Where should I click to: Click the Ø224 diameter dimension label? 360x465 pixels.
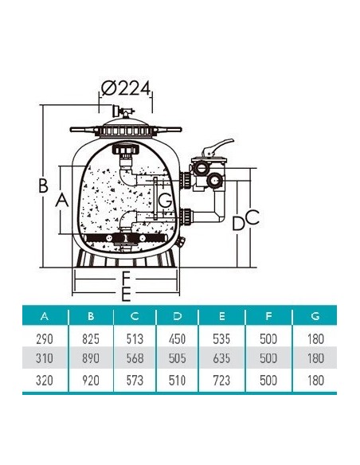tap(126, 88)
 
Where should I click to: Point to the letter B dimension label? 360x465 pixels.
tap(43, 186)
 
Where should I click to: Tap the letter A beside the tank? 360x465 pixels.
tap(62, 200)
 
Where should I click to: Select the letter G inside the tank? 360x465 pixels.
tap(165, 201)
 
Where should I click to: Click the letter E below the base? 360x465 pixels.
tap(126, 294)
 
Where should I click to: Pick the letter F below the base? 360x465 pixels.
tap(126, 279)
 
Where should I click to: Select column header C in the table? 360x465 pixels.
tap(135, 316)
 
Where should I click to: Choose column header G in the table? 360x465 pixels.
tap(315, 316)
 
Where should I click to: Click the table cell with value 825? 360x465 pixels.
tap(91, 338)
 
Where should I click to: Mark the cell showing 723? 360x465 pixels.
tap(221, 380)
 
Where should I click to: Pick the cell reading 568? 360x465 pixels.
tap(135, 358)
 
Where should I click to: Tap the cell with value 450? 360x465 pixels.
tap(177, 338)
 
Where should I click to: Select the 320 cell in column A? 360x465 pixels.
tap(45, 380)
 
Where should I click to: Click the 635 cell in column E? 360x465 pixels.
tap(221, 358)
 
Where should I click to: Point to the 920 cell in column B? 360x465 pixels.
tap(91, 380)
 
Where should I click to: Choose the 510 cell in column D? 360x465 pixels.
tap(177, 380)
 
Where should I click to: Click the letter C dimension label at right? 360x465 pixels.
tap(252, 217)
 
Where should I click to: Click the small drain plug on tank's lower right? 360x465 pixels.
tap(180, 242)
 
